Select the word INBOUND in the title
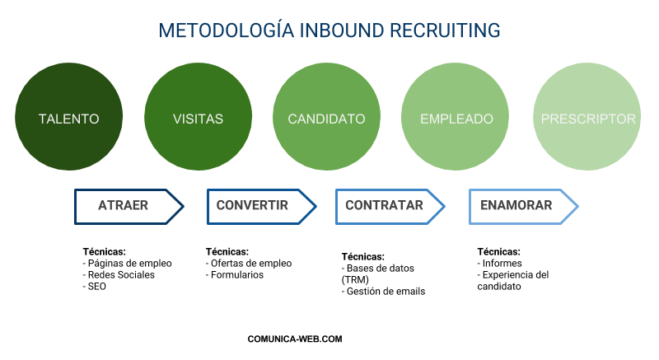tap(339, 31)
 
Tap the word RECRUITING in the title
tap(446, 31)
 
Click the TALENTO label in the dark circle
tap(69, 119)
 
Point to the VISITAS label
tap(198, 119)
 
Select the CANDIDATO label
tap(326, 119)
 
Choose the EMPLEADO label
tap(456, 119)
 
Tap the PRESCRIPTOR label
tap(587, 119)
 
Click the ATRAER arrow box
tap(124, 206)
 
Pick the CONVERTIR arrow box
tap(253, 206)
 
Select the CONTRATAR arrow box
tap(384, 206)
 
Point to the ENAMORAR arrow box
tap(516, 206)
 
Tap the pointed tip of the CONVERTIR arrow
tap(315, 207)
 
